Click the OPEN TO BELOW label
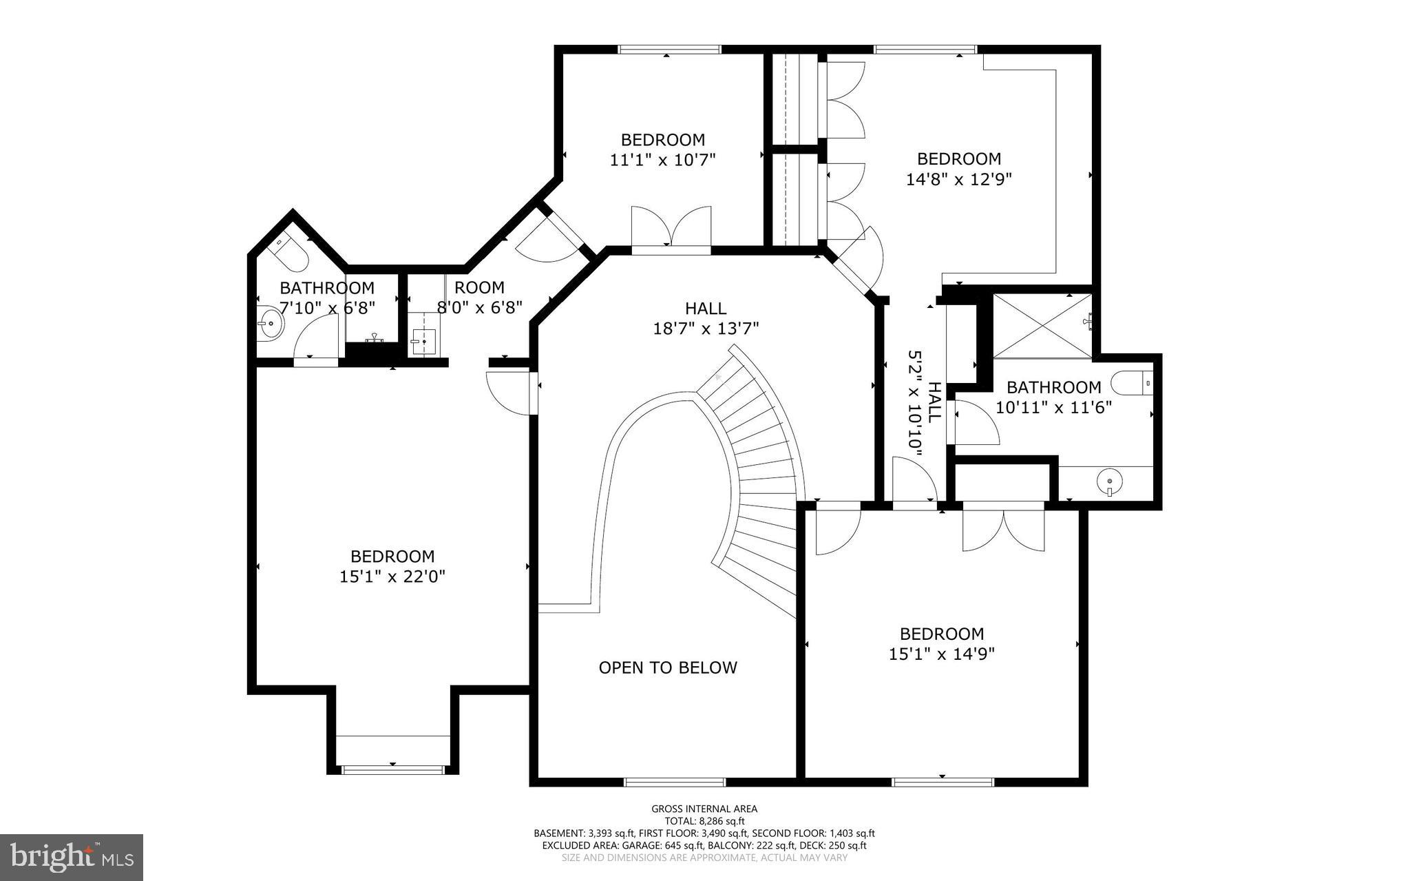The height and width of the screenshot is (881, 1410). point(667,667)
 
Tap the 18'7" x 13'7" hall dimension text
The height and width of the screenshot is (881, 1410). point(706,329)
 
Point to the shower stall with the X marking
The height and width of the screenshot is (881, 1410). point(1042,326)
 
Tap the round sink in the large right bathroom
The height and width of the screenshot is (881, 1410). point(1109,482)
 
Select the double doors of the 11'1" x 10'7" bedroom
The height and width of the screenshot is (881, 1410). point(671,230)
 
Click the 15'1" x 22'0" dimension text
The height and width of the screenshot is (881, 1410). point(392,577)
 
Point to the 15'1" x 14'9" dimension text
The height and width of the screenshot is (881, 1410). point(942,654)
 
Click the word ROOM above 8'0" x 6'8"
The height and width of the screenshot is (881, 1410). point(479,287)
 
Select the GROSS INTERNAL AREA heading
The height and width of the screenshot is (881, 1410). point(704,809)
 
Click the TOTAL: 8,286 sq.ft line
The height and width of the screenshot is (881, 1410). point(704,821)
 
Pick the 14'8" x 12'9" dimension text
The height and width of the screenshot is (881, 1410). point(958,179)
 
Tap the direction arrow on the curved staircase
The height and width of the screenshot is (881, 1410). point(719,377)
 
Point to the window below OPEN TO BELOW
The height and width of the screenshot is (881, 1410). point(674,782)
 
